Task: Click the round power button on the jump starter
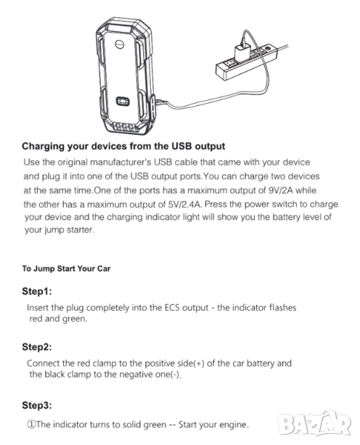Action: (120, 44)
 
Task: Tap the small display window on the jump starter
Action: (122, 101)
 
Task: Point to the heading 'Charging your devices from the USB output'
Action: (124, 146)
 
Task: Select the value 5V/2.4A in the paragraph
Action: (184, 205)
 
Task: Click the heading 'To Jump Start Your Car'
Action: (66, 268)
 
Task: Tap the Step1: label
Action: (37, 291)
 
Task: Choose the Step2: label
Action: (37, 347)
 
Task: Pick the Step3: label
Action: (37, 405)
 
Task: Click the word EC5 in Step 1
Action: (172, 308)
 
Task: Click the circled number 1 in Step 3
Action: (30, 425)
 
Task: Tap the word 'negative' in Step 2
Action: (137, 375)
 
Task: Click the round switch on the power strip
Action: (267, 48)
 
